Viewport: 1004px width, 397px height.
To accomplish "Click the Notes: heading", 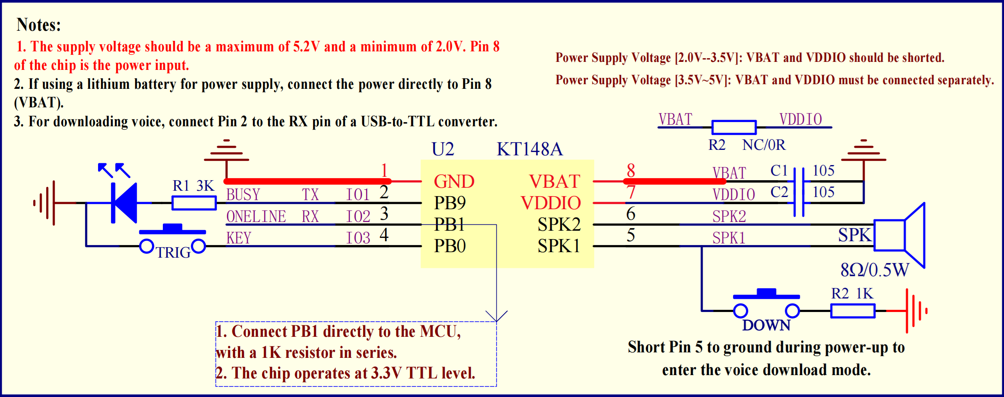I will (x=39, y=25).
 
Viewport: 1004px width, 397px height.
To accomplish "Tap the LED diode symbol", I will (x=125, y=203).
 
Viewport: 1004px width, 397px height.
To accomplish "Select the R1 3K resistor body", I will (x=194, y=203).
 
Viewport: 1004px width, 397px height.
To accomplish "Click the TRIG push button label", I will (x=173, y=253).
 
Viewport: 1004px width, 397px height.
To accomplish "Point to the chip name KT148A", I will (x=529, y=149).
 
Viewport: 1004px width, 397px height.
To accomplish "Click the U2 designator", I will (x=443, y=149).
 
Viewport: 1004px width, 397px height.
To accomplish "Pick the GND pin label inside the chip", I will (x=454, y=181).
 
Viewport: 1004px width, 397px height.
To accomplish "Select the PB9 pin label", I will (x=450, y=203).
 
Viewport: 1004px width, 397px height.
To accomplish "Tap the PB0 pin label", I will (x=450, y=246).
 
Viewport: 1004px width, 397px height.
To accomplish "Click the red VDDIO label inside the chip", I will (x=550, y=203).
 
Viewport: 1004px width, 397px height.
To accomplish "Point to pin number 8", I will (x=630, y=171).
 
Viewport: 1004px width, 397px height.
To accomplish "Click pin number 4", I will (x=384, y=235).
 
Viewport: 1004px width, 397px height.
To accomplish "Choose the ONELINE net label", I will (x=256, y=216).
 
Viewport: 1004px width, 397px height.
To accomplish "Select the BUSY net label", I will (x=243, y=195).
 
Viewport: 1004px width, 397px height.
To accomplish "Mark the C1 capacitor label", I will (x=779, y=171).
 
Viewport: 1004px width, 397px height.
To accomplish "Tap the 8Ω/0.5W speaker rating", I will (x=874, y=270).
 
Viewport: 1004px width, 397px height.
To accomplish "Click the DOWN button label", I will (x=766, y=325).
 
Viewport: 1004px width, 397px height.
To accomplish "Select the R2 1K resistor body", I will (x=853, y=311).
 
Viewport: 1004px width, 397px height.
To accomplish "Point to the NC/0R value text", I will (x=764, y=145).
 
